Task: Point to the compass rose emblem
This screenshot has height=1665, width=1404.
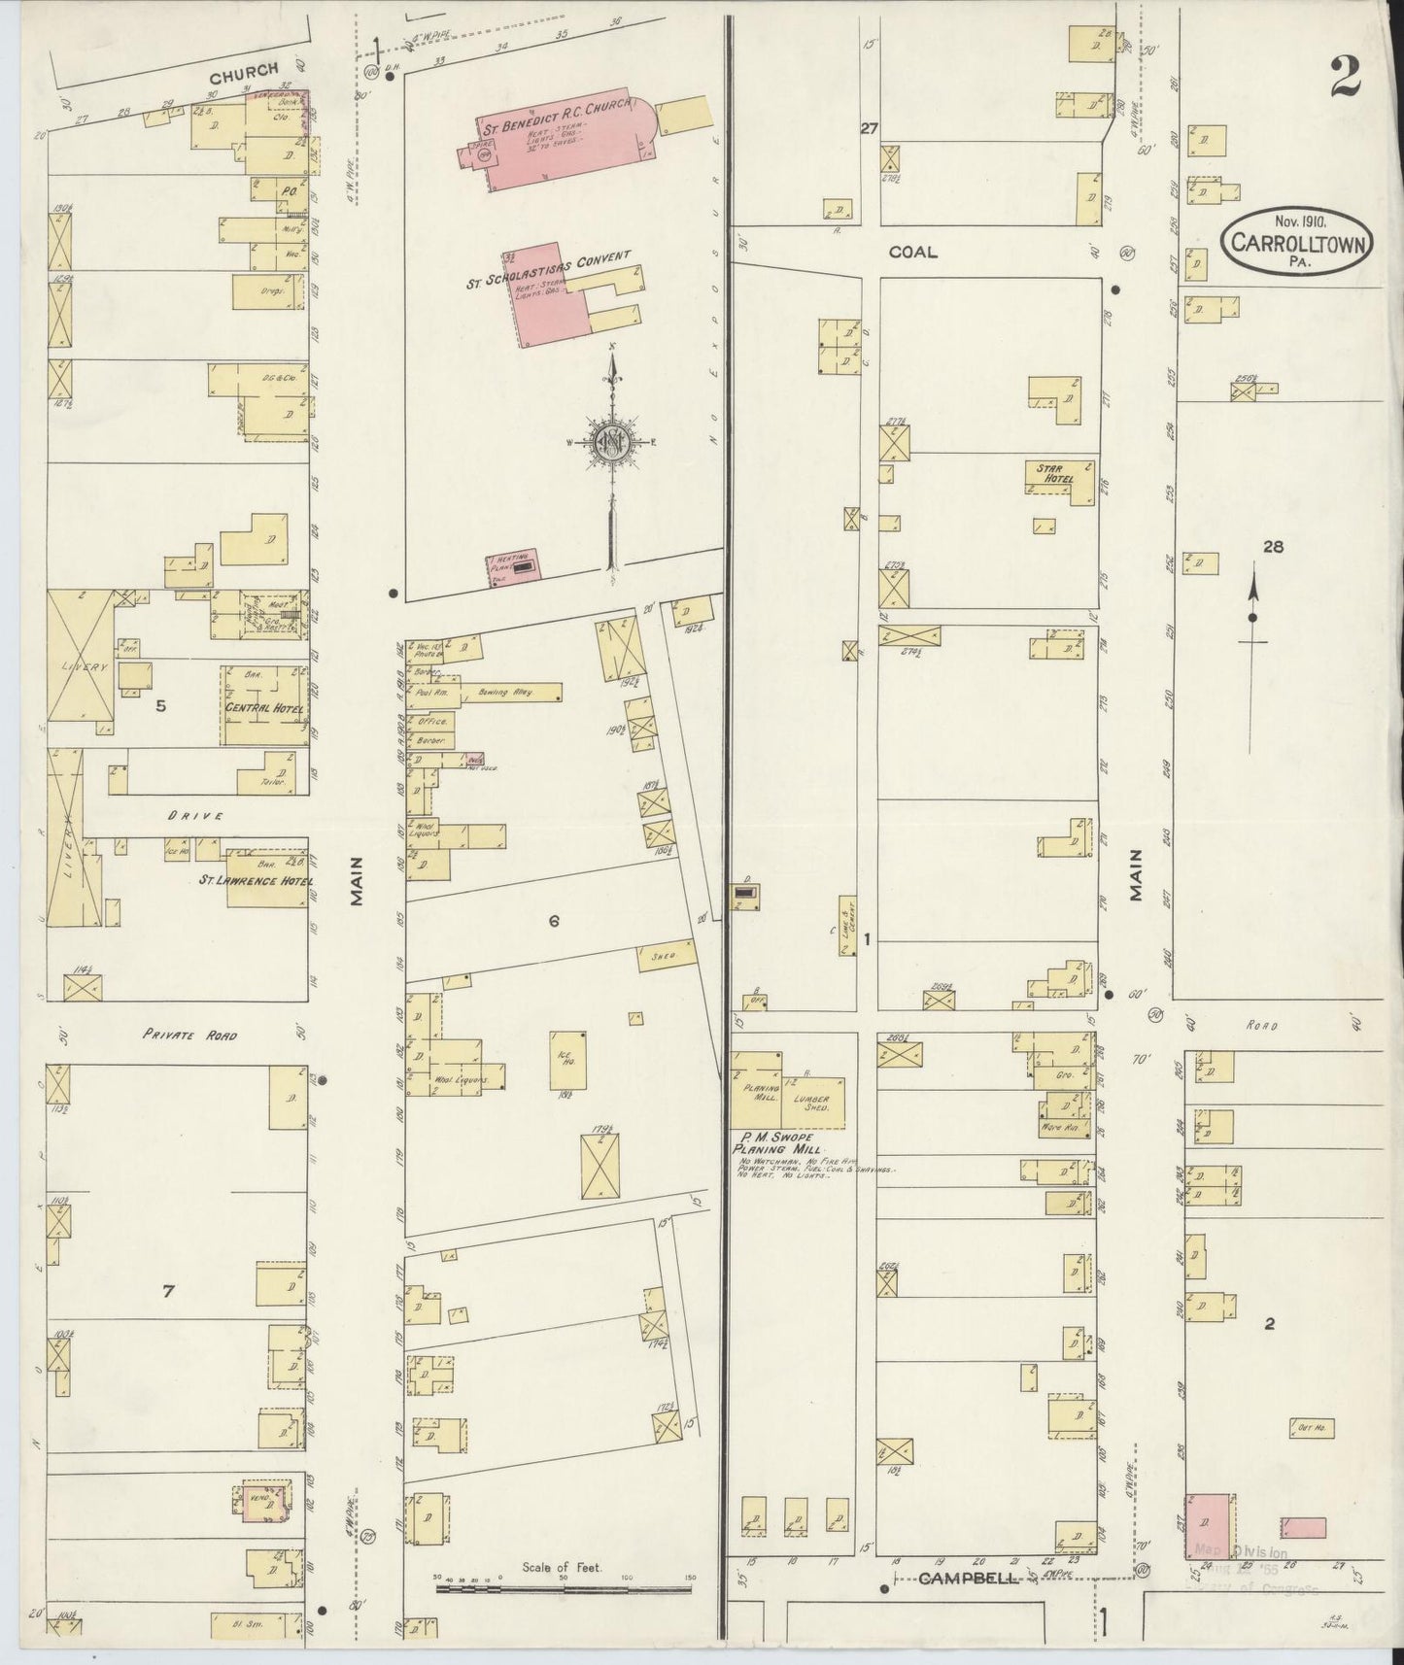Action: pos(613,440)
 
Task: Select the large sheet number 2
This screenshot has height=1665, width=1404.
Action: pos(1345,78)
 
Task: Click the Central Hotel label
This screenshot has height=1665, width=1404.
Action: pos(264,708)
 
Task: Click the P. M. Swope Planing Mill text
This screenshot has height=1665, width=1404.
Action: pos(774,1142)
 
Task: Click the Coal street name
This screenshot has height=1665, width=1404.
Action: pos(913,253)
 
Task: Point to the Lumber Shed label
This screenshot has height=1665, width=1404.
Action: pos(810,1104)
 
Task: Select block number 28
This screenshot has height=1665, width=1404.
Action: pos(1273,547)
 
